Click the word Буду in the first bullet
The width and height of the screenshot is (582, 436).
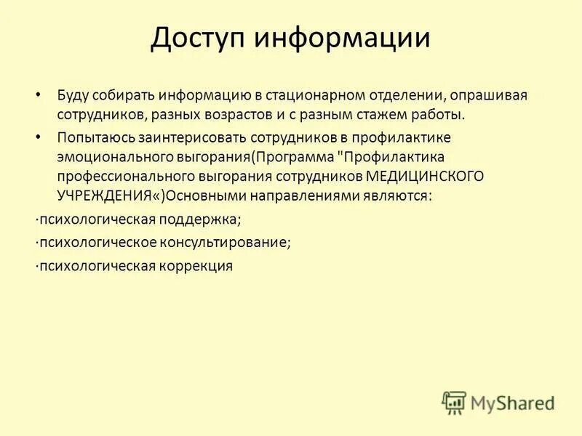click(73, 96)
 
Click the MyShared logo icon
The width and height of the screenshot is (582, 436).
click(454, 401)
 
